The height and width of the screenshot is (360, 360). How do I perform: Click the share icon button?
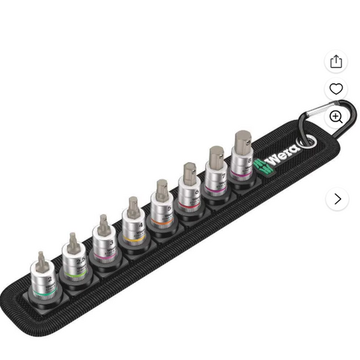point(336,62)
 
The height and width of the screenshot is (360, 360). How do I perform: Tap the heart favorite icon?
point(336,88)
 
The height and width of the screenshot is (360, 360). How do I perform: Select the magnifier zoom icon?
point(336,116)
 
